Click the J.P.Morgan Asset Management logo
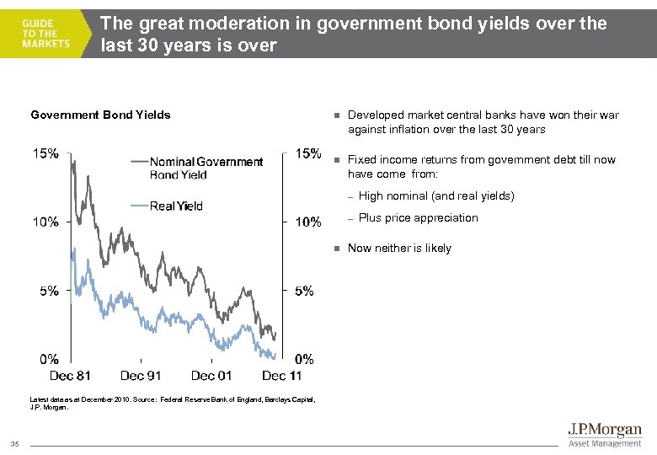coord(602,435)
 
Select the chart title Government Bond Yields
coord(100,115)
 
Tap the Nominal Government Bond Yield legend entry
coord(206,168)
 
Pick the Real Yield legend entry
coord(176,206)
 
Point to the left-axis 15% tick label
coord(45,153)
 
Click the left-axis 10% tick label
coord(45,222)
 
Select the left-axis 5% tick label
coord(48,291)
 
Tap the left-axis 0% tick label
coord(48,359)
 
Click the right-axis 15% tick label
coord(308,153)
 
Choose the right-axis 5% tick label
coord(303,291)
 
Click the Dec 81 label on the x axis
coord(70,376)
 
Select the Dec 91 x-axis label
coord(141,376)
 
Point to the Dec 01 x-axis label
coord(211,376)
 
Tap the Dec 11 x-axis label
coord(281,376)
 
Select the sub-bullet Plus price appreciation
coord(418,217)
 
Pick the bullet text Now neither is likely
coord(399,248)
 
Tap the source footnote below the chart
coord(173,404)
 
